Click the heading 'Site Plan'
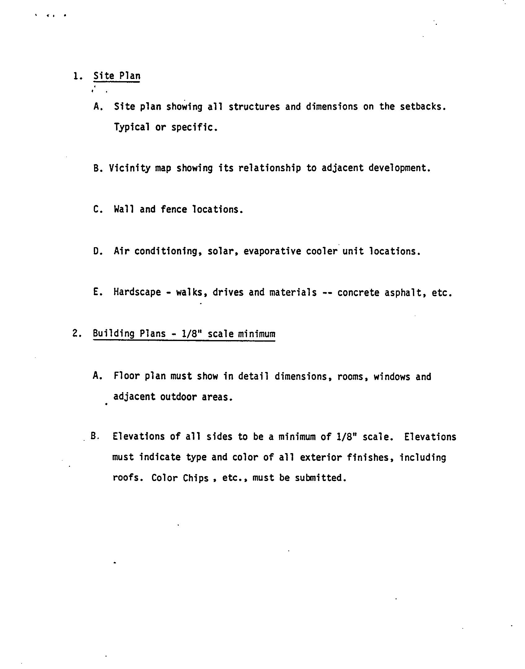coord(117,76)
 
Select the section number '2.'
coord(77,334)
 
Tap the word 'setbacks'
coord(422,107)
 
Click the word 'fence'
coord(174,209)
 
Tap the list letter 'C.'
coord(98,209)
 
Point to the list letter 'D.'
coord(98,251)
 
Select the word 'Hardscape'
coord(137,292)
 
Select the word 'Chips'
coord(196,478)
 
